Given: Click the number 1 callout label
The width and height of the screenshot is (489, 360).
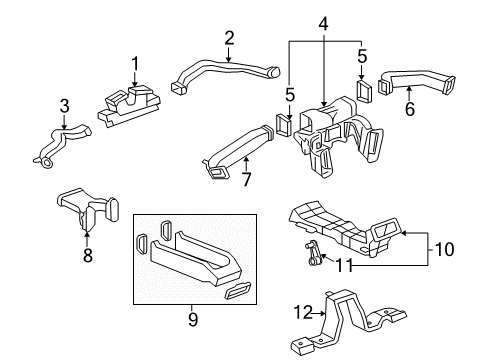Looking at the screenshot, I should coord(135,64).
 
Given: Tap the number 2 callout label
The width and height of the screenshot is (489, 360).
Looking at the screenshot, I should coord(229,38).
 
